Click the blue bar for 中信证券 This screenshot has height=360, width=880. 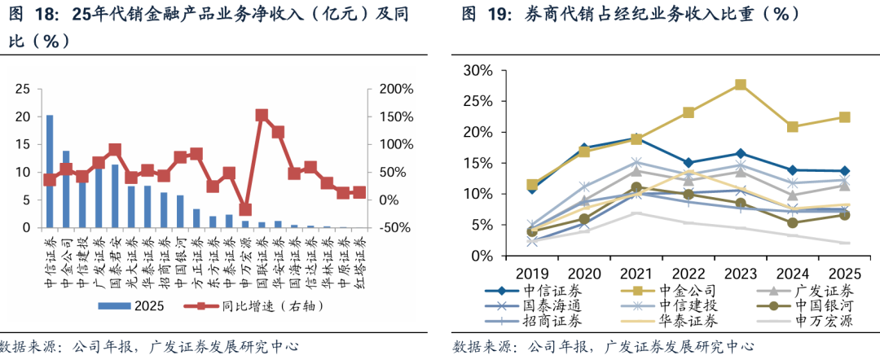pyautogui.click(x=50, y=172)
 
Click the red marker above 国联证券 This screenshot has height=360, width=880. pyautogui.click(x=262, y=116)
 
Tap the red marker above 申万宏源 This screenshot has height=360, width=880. pyautogui.click(x=245, y=209)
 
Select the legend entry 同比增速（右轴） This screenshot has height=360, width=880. pyautogui.click(x=269, y=305)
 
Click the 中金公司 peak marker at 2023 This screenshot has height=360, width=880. pyautogui.click(x=741, y=85)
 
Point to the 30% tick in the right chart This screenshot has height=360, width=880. pyautogui.click(x=478, y=70)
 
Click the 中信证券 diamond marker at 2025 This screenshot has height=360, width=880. pyautogui.click(x=845, y=171)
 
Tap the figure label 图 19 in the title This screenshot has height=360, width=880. pyautogui.click(x=478, y=14)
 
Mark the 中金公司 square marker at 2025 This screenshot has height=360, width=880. pyautogui.click(x=845, y=117)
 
